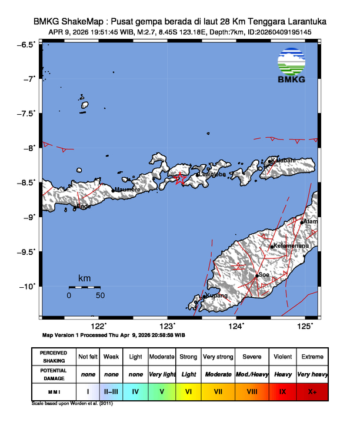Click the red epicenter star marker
(x=181, y=178)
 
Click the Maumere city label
(x=127, y=190)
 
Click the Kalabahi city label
(x=284, y=160)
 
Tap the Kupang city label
(x=215, y=295)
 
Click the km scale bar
(x=85, y=287)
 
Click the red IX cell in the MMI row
(x=282, y=391)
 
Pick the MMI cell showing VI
(x=188, y=391)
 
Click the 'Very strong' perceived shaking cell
(x=218, y=357)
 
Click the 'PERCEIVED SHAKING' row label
(x=54, y=357)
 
